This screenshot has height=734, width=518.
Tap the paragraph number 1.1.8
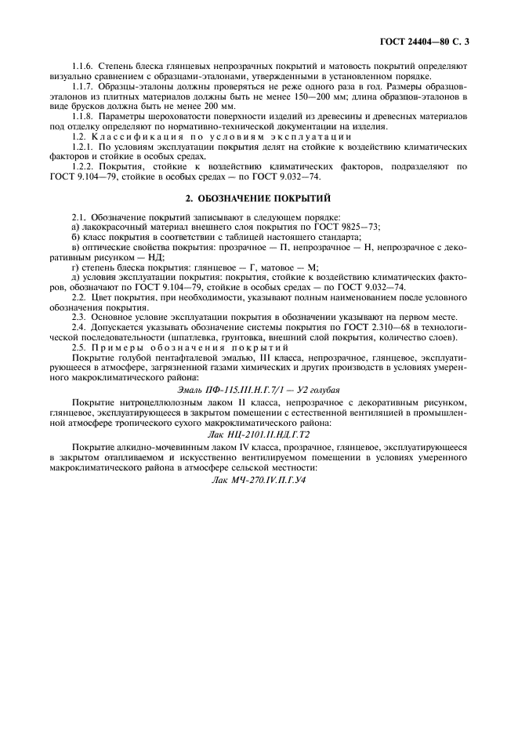tap(83, 116)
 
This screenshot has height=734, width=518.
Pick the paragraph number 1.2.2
tap(83, 166)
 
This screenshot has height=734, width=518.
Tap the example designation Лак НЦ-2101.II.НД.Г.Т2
tap(259, 432)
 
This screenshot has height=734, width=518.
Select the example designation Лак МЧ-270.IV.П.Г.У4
tap(259, 478)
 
